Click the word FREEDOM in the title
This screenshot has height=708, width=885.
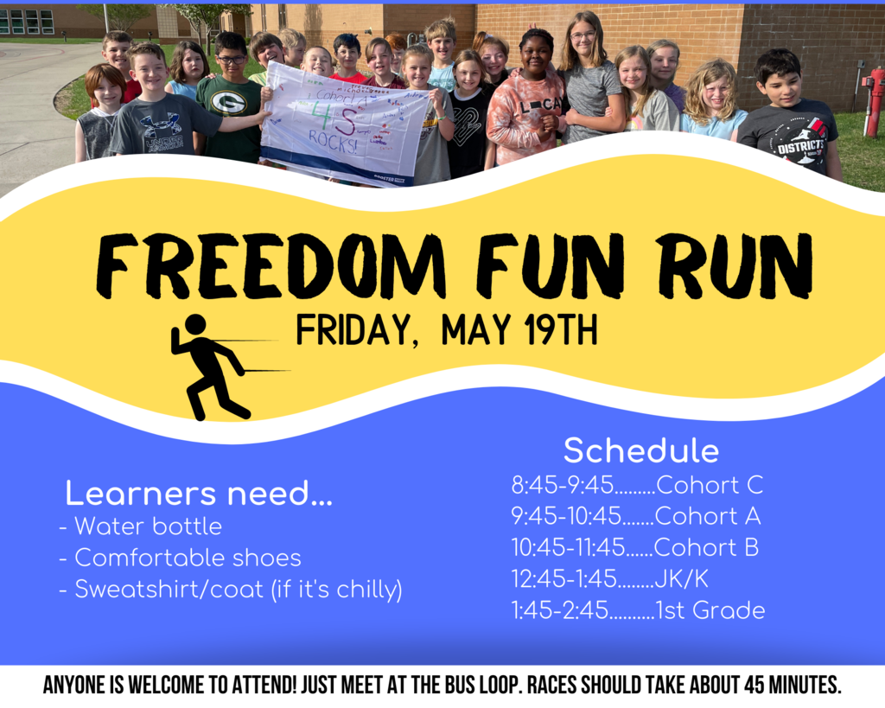pyautogui.click(x=271, y=265)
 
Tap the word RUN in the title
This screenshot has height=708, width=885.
pyautogui.click(x=735, y=265)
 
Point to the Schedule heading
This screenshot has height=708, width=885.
pyautogui.click(x=641, y=450)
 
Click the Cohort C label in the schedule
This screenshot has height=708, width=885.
pyautogui.click(x=710, y=485)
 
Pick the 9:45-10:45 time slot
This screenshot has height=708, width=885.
pyautogui.click(x=566, y=516)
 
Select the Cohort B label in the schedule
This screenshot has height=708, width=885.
pyautogui.click(x=706, y=548)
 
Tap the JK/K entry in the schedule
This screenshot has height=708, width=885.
pyautogui.click(x=681, y=579)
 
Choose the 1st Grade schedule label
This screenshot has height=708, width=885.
pyautogui.click(x=710, y=610)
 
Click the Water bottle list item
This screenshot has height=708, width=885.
pyautogui.click(x=148, y=526)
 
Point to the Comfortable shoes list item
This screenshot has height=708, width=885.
pyautogui.click(x=188, y=558)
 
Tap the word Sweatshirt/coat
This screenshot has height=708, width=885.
pyautogui.click(x=169, y=590)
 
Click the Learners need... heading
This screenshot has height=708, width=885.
pyautogui.click(x=199, y=494)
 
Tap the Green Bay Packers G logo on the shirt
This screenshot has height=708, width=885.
pyautogui.click(x=228, y=102)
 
